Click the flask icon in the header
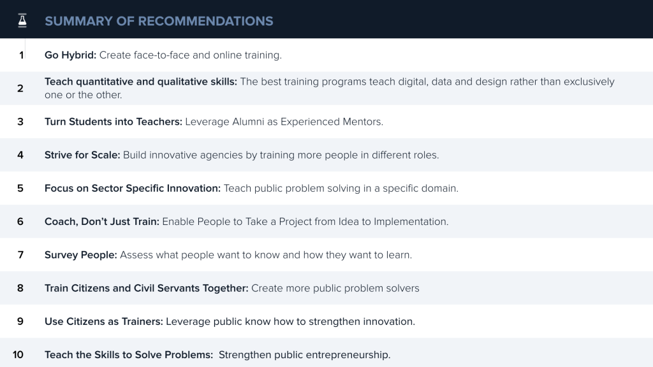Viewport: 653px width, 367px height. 22,20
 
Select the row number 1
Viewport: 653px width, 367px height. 21,55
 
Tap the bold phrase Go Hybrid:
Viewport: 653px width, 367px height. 70,55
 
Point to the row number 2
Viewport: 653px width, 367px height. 20,89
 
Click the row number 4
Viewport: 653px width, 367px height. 20,155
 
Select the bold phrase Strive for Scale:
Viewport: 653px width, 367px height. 82,155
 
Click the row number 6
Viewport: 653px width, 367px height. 20,222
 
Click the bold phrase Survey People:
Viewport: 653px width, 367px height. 81,255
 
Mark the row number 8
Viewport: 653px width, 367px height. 20,288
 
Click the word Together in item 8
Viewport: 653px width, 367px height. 225,288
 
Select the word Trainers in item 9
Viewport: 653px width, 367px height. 141,322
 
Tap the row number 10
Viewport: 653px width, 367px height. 18,355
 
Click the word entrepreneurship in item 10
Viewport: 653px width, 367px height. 344,355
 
